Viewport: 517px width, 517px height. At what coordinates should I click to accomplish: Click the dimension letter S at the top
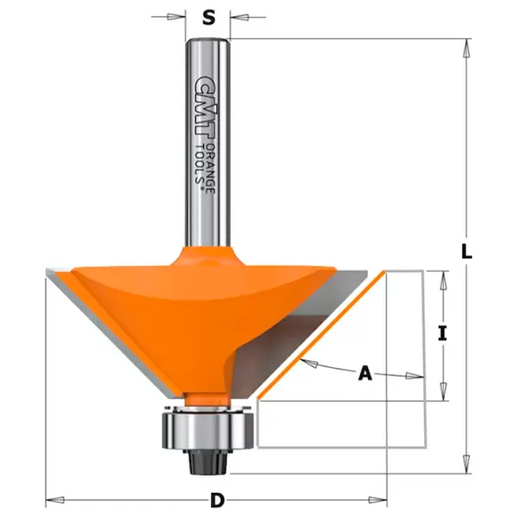(x=209, y=17)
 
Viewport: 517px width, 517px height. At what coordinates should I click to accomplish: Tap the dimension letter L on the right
(x=466, y=252)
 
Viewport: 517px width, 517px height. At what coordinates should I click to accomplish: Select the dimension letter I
(x=443, y=333)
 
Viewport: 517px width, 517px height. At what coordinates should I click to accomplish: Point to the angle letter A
(x=365, y=374)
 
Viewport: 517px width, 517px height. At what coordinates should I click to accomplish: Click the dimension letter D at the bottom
(x=217, y=500)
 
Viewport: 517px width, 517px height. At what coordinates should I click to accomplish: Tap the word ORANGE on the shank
(x=211, y=169)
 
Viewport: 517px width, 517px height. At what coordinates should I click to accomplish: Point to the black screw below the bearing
(x=205, y=462)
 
